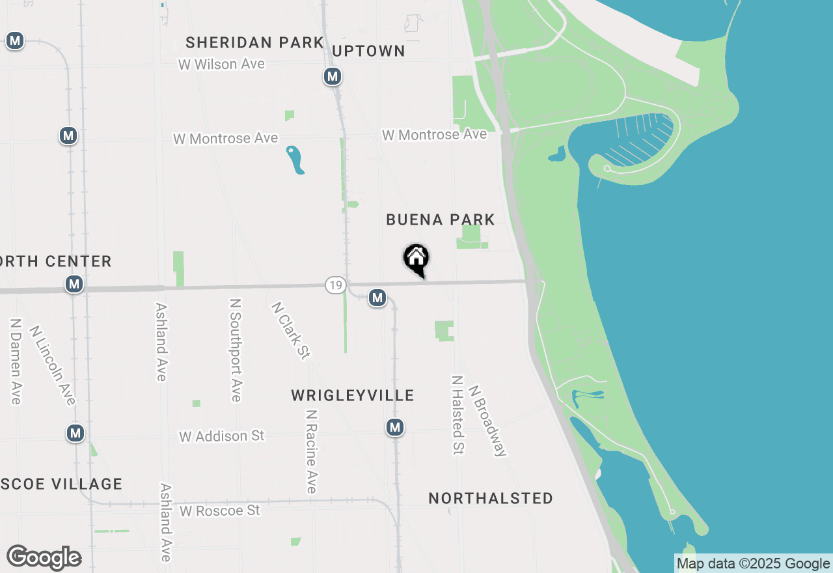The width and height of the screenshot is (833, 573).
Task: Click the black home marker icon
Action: [416, 260]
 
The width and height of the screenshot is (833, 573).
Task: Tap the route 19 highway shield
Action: [335, 285]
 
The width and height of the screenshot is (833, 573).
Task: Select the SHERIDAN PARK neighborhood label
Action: [254, 43]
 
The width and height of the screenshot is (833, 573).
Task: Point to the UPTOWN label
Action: [368, 51]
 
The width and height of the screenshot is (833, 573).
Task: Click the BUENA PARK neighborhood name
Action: [441, 219]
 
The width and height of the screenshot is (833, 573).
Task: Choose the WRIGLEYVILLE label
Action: [353, 395]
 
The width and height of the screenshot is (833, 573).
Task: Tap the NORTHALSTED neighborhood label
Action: [491, 498]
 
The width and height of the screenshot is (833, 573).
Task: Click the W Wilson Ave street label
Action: [221, 64]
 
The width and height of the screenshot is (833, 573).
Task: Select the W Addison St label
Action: [222, 436]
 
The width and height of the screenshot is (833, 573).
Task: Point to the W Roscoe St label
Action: [220, 510]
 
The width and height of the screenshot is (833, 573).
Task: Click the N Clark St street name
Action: [290, 330]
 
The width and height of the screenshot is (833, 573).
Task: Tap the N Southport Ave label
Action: [236, 350]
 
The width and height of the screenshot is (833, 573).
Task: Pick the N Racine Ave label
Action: [311, 451]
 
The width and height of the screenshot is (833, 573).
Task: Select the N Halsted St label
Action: [457, 414]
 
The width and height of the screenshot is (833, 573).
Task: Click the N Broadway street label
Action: [487, 421]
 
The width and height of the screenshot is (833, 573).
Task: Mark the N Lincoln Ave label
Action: [53, 365]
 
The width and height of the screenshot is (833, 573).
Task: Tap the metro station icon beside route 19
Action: [377, 298]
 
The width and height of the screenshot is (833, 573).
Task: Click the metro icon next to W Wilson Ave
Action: [333, 77]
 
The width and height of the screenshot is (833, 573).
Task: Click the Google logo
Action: [44, 557]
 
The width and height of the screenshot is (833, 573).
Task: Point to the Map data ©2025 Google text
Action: [753, 564]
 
